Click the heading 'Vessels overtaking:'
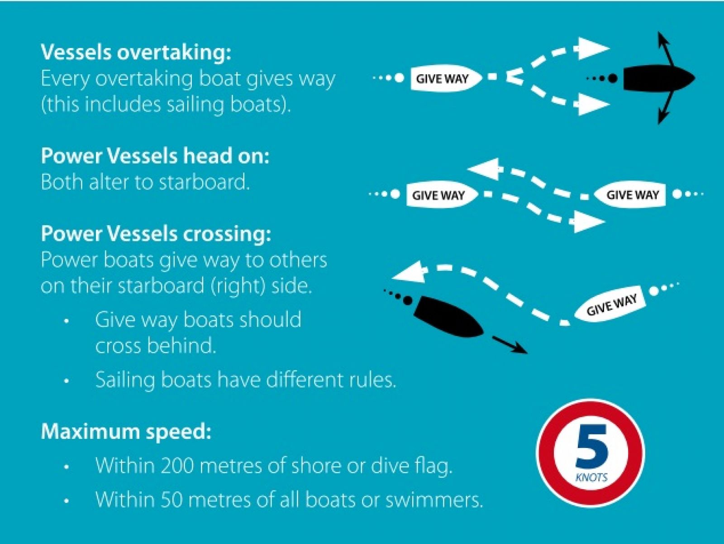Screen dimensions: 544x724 (136, 52)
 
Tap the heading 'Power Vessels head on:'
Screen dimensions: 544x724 (155, 156)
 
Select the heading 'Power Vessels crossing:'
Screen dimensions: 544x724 (156, 234)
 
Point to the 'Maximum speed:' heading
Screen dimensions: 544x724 (126, 431)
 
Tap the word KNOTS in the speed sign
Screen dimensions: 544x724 (591, 477)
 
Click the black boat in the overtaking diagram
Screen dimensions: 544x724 (658, 79)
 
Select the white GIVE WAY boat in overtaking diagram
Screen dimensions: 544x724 (446, 79)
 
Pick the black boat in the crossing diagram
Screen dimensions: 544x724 (448, 317)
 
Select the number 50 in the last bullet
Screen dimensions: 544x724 (170, 500)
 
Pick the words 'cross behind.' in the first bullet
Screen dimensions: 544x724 (155, 346)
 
